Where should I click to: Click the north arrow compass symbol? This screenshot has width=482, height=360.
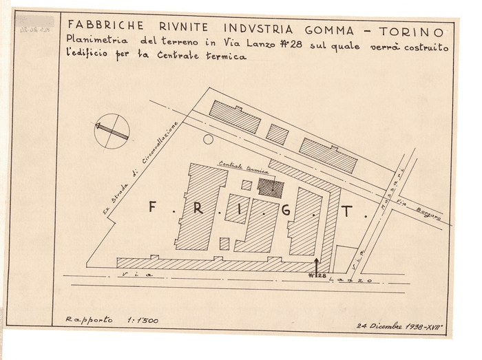tap(112, 131)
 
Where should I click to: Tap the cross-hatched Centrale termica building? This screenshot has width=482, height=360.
tap(270, 187)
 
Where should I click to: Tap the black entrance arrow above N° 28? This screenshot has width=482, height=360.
tap(317, 265)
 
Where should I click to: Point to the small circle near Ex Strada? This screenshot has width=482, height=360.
tap(208, 139)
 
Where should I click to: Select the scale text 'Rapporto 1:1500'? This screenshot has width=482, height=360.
tap(103, 319)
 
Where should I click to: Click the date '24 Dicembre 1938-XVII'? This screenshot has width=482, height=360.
tap(398, 326)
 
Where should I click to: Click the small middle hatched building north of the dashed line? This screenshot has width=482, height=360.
tap(277, 134)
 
